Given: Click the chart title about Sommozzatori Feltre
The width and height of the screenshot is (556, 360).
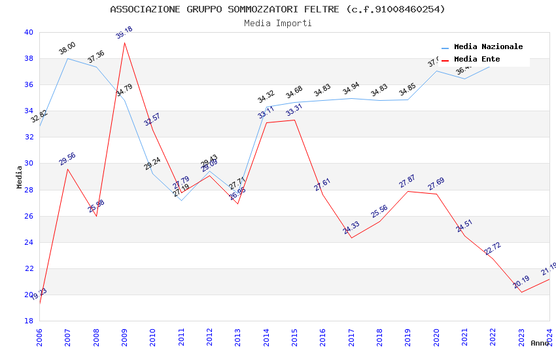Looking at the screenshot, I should (x=277, y=9).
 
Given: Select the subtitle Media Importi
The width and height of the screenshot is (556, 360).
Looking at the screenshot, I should (x=277, y=23).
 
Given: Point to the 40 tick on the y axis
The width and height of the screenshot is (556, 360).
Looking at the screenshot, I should (x=28, y=32).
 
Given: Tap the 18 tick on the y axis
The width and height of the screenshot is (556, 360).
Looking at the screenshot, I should (x=28, y=321).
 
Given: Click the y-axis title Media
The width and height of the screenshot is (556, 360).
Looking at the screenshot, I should (x=20, y=177).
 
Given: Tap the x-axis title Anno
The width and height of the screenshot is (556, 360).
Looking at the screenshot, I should (x=540, y=343).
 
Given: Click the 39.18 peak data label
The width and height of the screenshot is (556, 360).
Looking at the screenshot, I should (x=124, y=33).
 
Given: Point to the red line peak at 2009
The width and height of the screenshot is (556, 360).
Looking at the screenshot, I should (x=124, y=43).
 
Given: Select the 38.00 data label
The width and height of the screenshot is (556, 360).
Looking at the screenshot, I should (x=67, y=48).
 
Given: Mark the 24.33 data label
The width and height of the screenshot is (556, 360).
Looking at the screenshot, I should (x=351, y=227).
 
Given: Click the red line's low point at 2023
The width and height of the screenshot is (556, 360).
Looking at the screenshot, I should (x=521, y=292).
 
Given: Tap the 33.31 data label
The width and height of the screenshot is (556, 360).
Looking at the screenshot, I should (x=294, y=110).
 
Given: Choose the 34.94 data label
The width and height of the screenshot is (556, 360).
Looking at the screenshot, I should (x=351, y=88).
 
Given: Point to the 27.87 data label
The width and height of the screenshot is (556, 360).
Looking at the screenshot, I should (x=408, y=181).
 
